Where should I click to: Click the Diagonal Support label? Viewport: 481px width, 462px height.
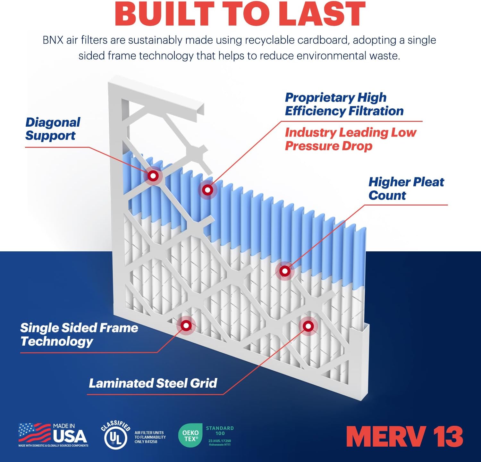pyautogui.click(x=53, y=129)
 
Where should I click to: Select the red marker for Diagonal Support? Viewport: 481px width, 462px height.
pyautogui.click(x=153, y=176)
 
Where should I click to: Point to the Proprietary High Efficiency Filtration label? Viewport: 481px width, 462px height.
pyautogui.click(x=344, y=104)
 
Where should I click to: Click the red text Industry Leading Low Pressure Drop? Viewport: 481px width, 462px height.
pyautogui.click(x=350, y=139)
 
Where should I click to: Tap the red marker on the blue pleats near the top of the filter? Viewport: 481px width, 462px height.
pyautogui.click(x=207, y=190)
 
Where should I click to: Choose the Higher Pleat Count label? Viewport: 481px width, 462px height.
pyautogui.click(x=406, y=189)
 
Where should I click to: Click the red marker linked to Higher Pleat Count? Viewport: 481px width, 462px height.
pyautogui.click(x=285, y=271)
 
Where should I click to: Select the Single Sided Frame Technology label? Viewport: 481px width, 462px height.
pyautogui.click(x=79, y=334)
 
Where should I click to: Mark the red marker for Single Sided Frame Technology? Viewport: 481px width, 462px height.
pyautogui.click(x=186, y=325)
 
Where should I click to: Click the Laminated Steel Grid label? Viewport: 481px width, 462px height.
pyautogui.click(x=153, y=383)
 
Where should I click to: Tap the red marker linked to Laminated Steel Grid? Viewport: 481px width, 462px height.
pyautogui.click(x=308, y=326)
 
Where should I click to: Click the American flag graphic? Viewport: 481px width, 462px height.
pyautogui.click(x=34, y=433)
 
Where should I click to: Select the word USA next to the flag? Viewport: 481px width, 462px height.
pyautogui.click(x=70, y=436)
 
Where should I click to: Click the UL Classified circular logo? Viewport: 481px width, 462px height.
pyautogui.click(x=115, y=435)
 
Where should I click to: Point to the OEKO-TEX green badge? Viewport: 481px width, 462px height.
pyautogui.click(x=190, y=436)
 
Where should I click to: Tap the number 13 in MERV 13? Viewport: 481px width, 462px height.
pyautogui.click(x=448, y=436)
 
